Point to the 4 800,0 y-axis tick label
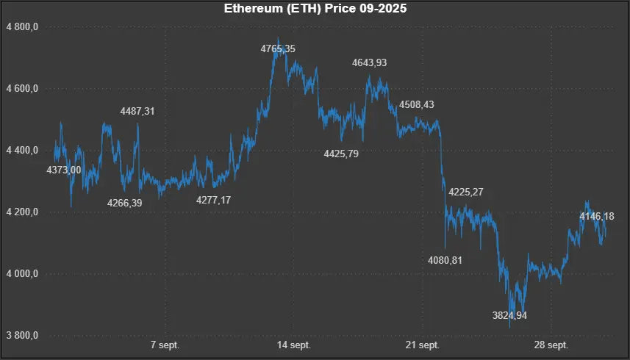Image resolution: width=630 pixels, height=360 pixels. [21, 27]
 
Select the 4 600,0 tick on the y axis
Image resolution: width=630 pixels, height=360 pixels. [21, 89]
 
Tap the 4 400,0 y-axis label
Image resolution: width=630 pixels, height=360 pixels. [21, 151]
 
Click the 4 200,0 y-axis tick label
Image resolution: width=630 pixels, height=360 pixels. [21, 212]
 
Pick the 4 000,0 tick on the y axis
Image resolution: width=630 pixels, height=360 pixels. [21, 274]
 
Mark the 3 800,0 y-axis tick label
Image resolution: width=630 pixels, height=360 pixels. [21, 336]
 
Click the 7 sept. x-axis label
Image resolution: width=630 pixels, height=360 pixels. [165, 345]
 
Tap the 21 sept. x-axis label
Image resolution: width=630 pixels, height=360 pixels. [423, 345]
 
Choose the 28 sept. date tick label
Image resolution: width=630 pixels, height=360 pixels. [551, 345]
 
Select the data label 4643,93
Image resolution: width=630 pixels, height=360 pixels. [370, 64]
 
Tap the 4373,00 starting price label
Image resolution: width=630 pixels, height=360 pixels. [64, 170]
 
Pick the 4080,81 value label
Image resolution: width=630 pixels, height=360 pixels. [445, 260]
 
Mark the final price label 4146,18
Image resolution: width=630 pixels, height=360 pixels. [596, 217]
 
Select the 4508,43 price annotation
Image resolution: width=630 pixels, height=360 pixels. [416, 105]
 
